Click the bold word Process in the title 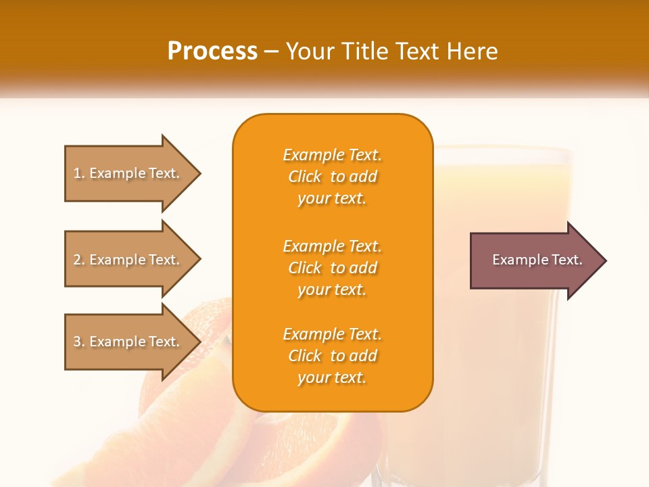click(x=212, y=51)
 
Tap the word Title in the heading click(x=364, y=51)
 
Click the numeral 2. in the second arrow click(x=79, y=260)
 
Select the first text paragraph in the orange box click(x=332, y=177)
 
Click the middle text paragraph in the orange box click(x=332, y=268)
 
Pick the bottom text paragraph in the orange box click(x=332, y=356)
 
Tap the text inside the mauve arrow click(x=537, y=260)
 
